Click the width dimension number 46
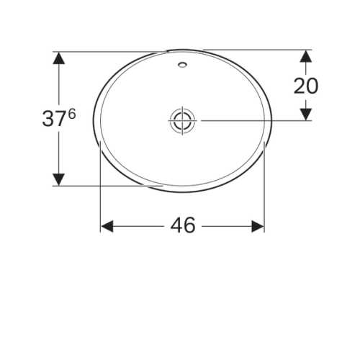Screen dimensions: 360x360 [183, 225]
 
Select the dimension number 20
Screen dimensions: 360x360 [306, 86]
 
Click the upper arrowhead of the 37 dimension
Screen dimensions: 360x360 [59, 57]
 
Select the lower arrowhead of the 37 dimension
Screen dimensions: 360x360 [59, 179]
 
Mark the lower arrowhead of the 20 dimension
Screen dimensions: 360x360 [305, 114]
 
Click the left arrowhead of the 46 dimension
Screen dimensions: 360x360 [106, 226]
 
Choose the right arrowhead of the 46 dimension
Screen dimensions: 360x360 [258, 226]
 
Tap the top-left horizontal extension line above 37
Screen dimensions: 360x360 [108, 50]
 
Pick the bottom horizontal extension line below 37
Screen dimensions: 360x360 [108, 186]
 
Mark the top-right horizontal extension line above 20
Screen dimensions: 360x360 [259, 49]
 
